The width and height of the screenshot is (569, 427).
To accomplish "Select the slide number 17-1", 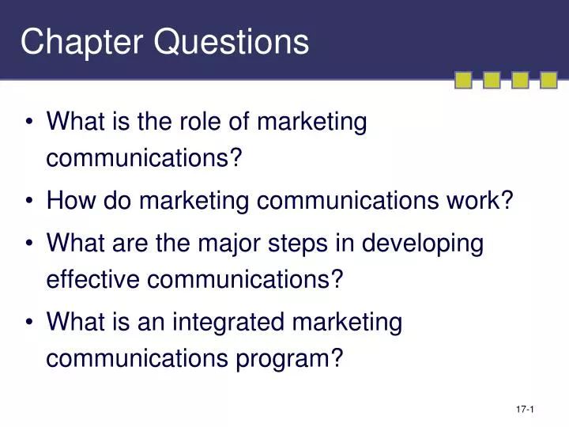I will [x=526, y=409].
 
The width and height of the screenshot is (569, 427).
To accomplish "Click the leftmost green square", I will [x=464, y=80].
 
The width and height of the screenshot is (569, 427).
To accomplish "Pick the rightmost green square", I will [x=548, y=80].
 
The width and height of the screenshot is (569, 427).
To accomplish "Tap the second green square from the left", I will [x=492, y=80].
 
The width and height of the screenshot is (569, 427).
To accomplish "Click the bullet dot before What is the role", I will [x=30, y=123].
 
